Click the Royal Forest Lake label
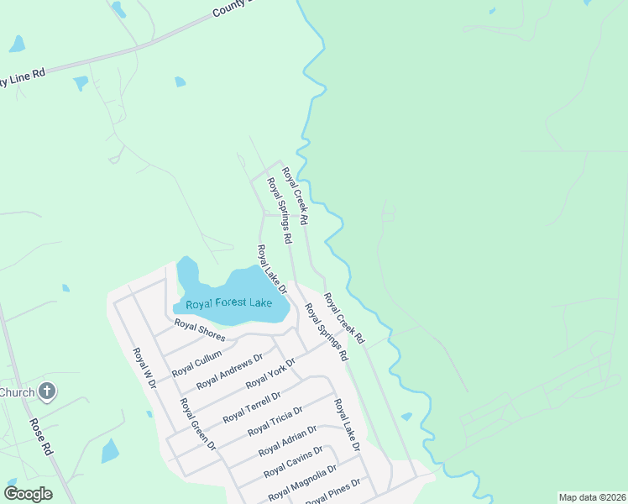click(228, 303)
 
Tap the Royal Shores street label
click(199, 329)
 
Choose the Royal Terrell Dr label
click(251, 407)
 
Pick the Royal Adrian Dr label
click(287, 441)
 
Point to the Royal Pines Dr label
click(334, 491)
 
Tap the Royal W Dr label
click(144, 368)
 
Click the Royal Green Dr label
click(197, 424)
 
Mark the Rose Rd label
click(40, 438)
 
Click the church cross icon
click(48, 391)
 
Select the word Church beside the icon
click(17, 392)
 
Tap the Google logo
click(28, 493)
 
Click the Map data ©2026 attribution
click(592, 497)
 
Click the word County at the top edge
click(228, 9)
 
